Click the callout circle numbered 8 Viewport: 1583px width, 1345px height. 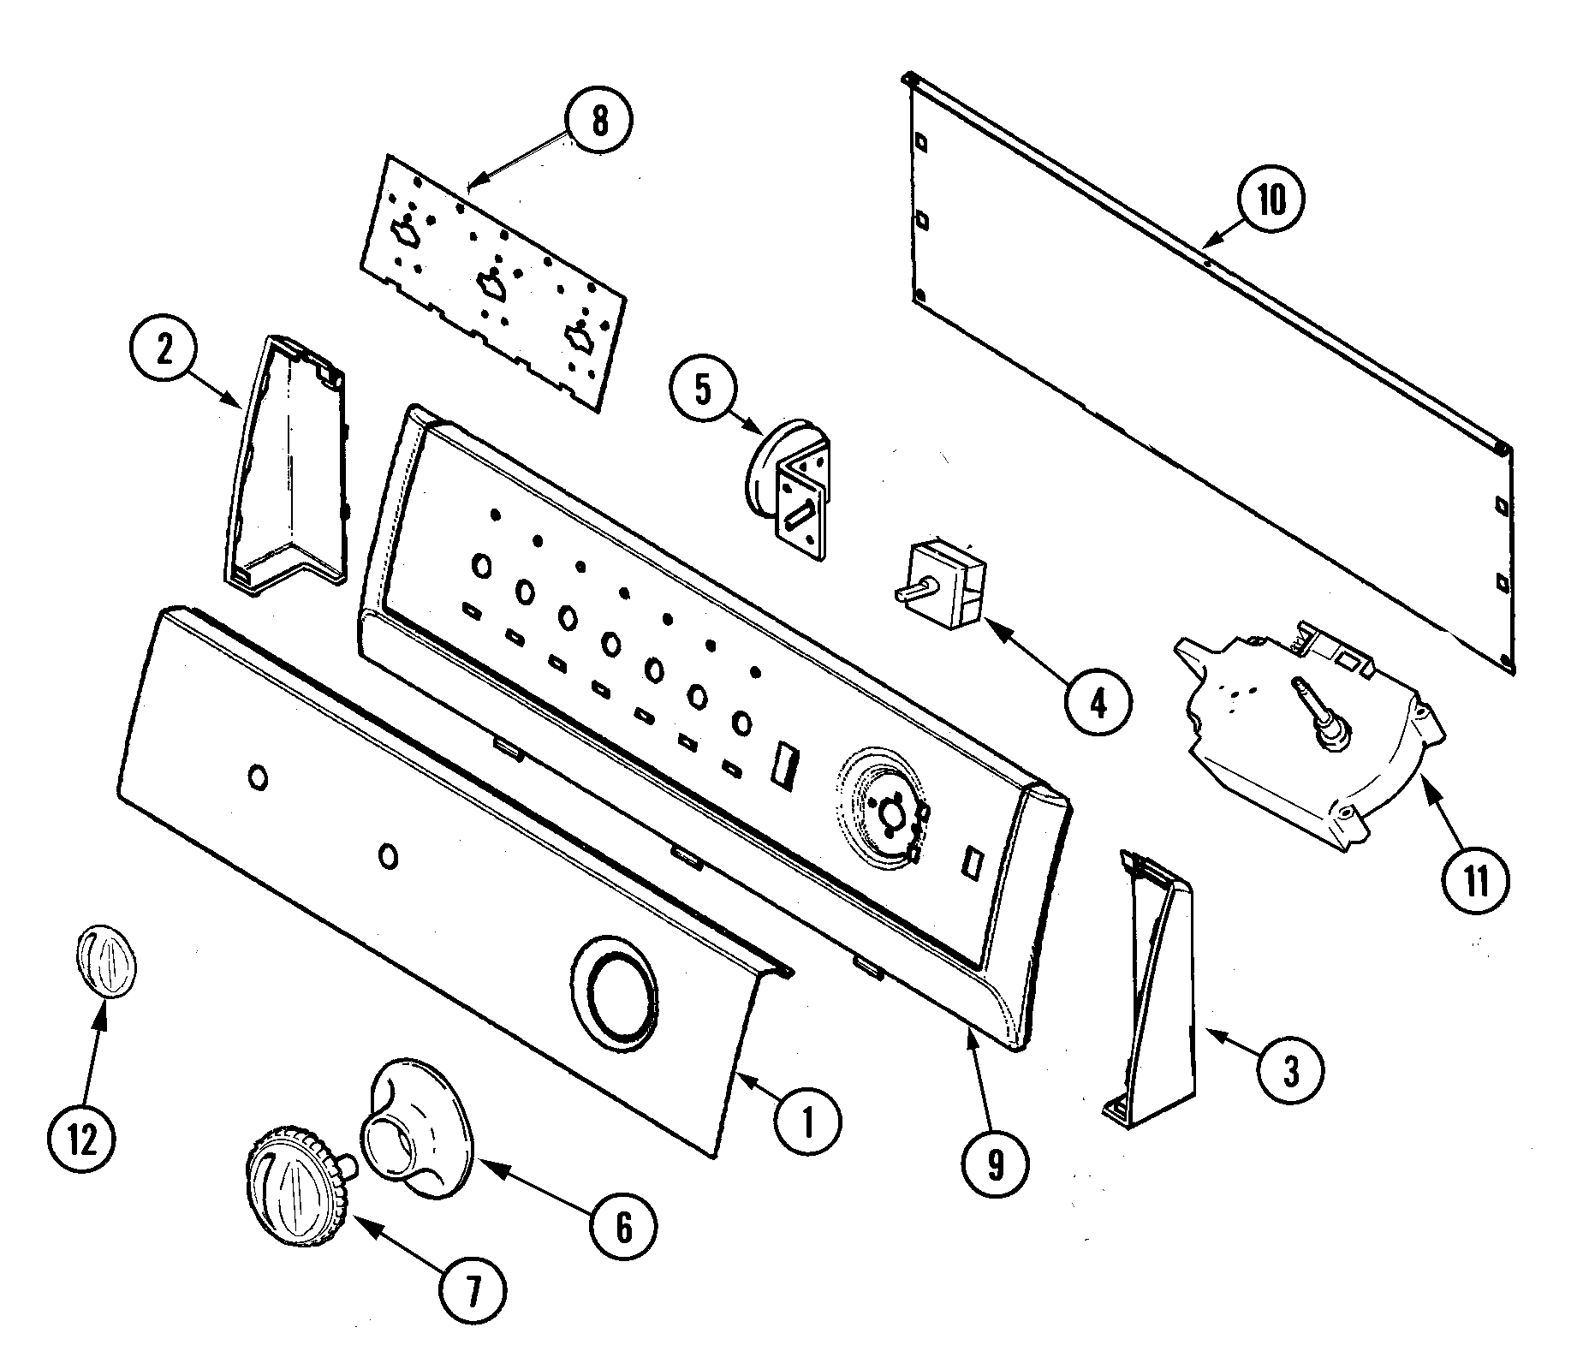tap(598, 122)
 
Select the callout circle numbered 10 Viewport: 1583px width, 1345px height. tap(1271, 200)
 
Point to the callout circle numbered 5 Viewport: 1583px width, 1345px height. tap(702, 389)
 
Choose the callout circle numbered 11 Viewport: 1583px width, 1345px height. tap(1475, 880)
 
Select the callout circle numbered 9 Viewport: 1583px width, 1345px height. tap(993, 1161)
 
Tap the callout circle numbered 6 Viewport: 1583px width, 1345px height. tap(623, 1228)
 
